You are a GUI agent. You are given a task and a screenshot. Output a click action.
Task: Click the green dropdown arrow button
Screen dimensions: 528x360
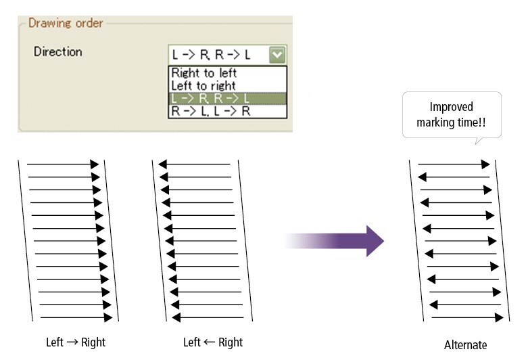click(277, 55)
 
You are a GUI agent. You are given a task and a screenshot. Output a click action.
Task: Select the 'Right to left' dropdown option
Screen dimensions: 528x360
click(204, 73)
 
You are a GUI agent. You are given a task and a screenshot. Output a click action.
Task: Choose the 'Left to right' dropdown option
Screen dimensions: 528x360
click(203, 86)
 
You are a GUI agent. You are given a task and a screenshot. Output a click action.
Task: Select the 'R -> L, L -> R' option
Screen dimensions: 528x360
click(211, 111)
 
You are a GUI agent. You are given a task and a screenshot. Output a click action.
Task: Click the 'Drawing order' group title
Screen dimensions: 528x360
click(66, 23)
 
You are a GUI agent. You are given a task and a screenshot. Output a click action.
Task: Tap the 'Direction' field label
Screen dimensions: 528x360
click(58, 51)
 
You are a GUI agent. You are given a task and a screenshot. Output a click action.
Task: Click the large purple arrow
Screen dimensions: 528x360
click(334, 241)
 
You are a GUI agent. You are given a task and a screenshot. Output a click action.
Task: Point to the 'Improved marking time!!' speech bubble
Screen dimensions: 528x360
click(452, 115)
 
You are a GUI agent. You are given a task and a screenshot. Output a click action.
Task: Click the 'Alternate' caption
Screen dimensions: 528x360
click(465, 345)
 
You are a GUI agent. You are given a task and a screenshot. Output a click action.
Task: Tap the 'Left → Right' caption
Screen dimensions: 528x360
click(76, 342)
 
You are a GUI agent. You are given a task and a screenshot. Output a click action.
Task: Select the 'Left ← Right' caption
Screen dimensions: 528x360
click(213, 342)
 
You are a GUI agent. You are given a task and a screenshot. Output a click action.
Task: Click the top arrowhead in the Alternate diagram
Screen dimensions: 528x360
click(485, 164)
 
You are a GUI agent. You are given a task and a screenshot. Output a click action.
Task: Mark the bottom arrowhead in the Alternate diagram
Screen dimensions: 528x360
click(500, 317)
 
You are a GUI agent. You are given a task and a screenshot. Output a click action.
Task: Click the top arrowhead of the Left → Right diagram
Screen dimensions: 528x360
click(95, 164)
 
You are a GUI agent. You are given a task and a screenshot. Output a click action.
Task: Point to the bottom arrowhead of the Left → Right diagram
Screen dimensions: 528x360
click(108, 317)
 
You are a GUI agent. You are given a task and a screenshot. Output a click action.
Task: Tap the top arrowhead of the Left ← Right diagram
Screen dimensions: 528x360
click(163, 164)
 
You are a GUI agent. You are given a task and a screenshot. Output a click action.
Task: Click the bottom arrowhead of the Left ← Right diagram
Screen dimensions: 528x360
click(176, 317)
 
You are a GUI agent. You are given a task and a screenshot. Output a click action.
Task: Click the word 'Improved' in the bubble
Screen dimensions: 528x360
click(451, 107)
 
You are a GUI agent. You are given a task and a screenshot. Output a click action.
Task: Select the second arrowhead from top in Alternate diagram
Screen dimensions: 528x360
click(423, 177)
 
